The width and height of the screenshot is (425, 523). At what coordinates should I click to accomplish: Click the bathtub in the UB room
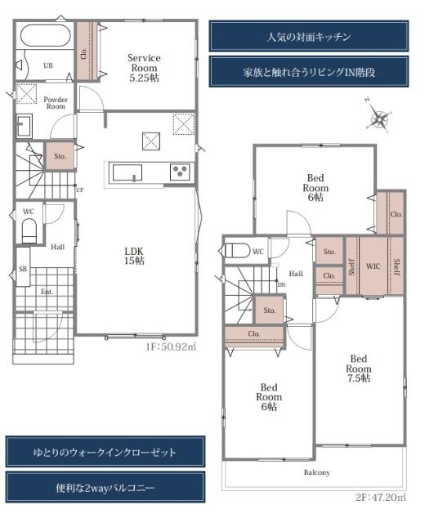pyautogui.click(x=45, y=35)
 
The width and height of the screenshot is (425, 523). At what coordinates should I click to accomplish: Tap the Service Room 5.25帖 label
pyautogui.click(x=144, y=68)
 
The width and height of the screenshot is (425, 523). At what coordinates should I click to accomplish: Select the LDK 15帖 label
pyautogui.click(x=134, y=256)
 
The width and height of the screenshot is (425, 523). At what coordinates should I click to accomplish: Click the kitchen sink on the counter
pyautogui.click(x=127, y=172)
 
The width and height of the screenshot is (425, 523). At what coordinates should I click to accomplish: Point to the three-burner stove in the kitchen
pyautogui.click(x=180, y=172)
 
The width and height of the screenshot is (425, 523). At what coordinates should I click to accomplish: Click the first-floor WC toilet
pyautogui.click(x=29, y=230)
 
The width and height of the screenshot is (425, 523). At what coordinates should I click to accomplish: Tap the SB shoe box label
pyautogui.click(x=23, y=269)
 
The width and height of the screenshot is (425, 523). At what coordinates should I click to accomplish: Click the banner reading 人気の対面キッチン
pyautogui.click(x=309, y=36)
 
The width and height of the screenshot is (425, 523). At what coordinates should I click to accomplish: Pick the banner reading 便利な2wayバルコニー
pyautogui.click(x=105, y=488)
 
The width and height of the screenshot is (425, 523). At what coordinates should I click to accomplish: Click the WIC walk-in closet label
pyautogui.click(x=373, y=266)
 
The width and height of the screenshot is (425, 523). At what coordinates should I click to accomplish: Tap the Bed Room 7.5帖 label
pyautogui.click(x=359, y=369)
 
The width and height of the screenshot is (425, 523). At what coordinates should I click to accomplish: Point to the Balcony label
pyautogui.click(x=316, y=472)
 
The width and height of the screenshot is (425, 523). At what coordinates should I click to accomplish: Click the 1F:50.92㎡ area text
pyautogui.click(x=171, y=346)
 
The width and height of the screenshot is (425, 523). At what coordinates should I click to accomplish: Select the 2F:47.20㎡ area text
pyautogui.click(x=380, y=498)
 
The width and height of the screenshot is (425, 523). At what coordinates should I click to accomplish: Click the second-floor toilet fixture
pyautogui.click(x=238, y=250)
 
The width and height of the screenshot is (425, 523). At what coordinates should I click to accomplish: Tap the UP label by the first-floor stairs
pyautogui.click(x=79, y=190)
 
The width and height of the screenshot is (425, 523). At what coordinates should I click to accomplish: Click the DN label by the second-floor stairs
pyautogui.click(x=281, y=285)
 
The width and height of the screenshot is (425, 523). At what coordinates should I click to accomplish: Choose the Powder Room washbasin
pyautogui.click(x=24, y=126)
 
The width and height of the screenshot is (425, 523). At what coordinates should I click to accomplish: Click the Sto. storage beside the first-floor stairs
pyautogui.click(x=60, y=156)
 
